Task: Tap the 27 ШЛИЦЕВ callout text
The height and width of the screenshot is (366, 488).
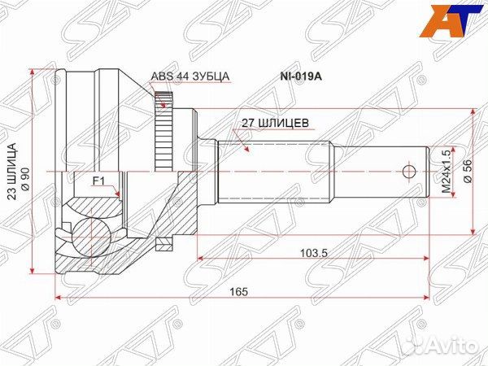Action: (273, 124)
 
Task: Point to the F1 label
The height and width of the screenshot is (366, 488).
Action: (98, 180)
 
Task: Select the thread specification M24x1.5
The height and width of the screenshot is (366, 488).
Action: (445, 172)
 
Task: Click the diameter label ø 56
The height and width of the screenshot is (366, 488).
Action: (467, 172)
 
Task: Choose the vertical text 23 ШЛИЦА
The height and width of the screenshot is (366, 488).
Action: (11, 172)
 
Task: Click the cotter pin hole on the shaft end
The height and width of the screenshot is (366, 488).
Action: (409, 172)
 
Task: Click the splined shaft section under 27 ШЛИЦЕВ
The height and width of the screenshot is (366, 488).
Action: (272, 172)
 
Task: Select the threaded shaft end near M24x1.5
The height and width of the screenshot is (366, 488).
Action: (382, 172)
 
